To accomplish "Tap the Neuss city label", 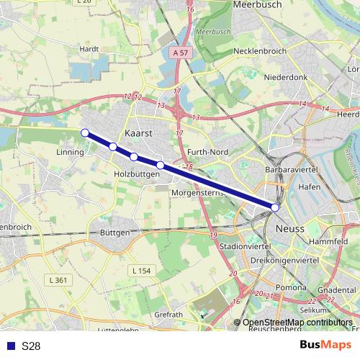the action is coord(290,228).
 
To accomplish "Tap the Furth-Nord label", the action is coord(207,153).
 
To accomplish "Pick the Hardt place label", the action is coord(89,49).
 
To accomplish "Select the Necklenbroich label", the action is coord(260,52).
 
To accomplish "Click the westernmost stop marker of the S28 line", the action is coord(85,132).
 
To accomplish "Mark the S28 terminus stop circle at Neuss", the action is coord(275,207).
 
